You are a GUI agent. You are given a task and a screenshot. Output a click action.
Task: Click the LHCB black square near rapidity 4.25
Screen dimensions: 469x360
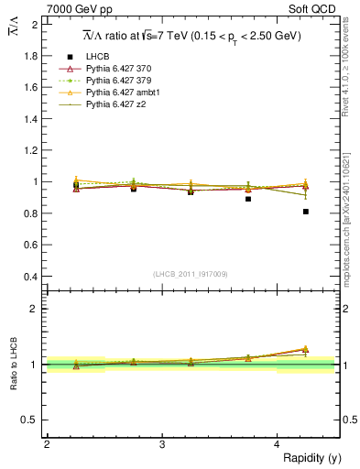[305, 212]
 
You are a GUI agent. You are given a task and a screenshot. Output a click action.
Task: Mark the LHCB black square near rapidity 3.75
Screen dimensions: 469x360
[248, 199]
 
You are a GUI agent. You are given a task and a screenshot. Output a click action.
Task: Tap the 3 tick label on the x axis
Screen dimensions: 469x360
[162, 444]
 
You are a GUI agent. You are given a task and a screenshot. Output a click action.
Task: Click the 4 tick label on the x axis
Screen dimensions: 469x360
[278, 444]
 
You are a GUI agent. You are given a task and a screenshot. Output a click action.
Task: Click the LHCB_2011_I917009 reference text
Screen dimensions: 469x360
[191, 273]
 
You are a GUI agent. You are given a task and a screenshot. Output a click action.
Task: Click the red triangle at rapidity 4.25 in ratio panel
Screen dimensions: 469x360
[305, 349]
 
